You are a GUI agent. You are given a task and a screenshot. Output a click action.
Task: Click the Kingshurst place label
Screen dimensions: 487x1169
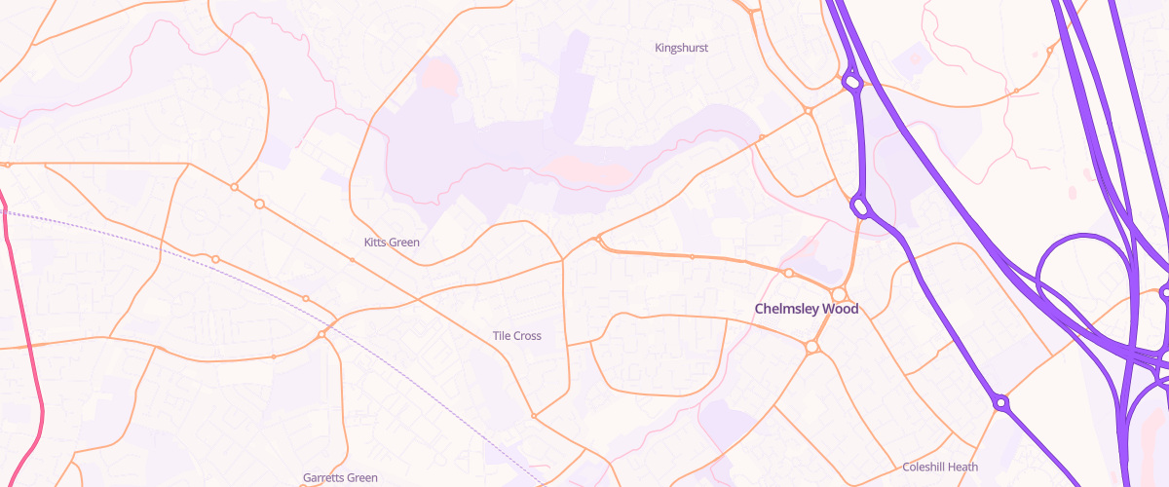(681, 47)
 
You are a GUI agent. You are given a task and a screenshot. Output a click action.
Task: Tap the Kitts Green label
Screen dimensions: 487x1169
(392, 242)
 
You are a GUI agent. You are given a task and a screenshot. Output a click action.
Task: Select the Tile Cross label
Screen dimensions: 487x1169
(516, 336)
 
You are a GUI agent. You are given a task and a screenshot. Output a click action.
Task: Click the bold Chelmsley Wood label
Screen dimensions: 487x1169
(807, 309)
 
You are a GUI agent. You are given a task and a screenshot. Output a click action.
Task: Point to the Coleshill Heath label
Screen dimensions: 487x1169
(939, 467)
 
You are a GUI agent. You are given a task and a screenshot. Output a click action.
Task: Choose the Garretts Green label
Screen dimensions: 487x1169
(340, 478)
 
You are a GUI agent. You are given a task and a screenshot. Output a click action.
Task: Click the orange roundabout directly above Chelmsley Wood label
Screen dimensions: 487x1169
(838, 294)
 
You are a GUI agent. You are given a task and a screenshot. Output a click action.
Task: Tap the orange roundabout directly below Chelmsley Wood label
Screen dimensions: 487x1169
(811, 346)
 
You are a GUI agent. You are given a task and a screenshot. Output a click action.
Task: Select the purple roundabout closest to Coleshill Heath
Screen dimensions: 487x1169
(1000, 401)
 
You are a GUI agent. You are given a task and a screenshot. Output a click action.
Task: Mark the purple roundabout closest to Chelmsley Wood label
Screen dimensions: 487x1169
(859, 206)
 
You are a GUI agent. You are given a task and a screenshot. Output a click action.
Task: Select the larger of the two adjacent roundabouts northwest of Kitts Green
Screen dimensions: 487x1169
(260, 204)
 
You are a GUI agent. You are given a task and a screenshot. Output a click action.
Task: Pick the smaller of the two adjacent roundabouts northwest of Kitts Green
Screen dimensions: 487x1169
(234, 186)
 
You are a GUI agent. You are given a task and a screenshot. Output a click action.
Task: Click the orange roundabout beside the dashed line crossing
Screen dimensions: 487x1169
(321, 335)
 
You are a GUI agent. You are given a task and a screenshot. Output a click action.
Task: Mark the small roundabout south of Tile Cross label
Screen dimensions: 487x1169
(534, 416)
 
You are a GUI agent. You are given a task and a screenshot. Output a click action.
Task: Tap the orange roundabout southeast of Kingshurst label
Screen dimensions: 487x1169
(809, 111)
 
